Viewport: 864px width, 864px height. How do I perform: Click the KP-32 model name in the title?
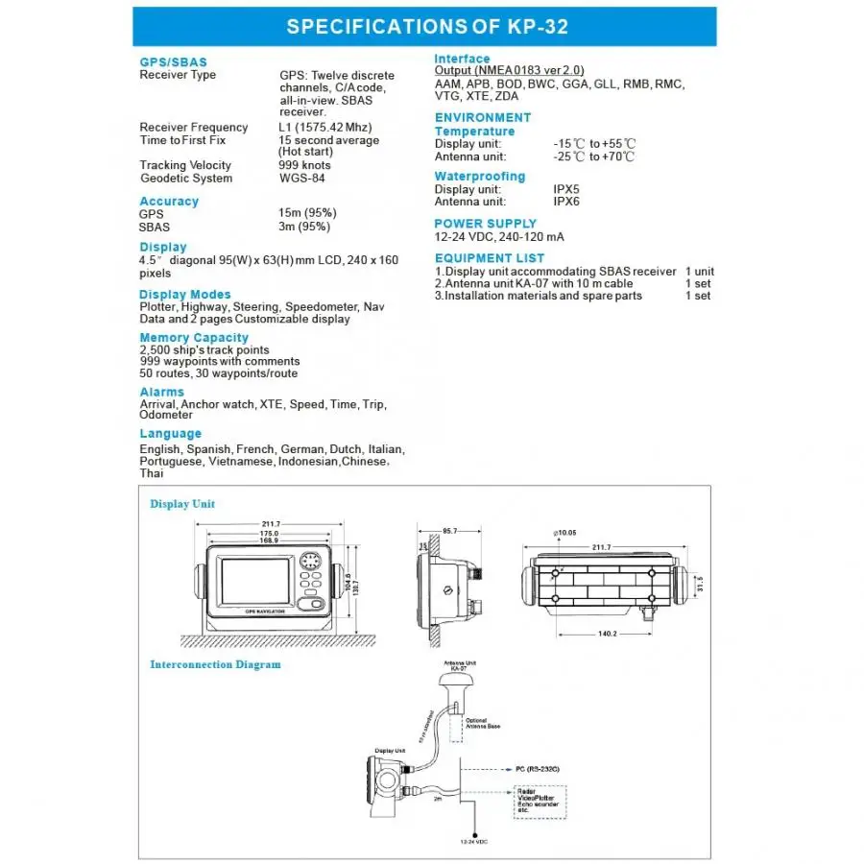[532, 27]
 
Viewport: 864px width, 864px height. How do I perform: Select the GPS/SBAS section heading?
[173, 62]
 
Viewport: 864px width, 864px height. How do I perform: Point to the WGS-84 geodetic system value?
[301, 179]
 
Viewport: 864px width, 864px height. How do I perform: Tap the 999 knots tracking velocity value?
[304, 166]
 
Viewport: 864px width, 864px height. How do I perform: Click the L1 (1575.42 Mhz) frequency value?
[324, 128]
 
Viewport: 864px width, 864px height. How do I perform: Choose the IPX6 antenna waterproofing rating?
[566, 202]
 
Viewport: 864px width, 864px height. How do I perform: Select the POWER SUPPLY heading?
[485, 224]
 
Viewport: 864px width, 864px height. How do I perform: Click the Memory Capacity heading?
[193, 338]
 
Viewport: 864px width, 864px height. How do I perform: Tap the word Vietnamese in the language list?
[240, 462]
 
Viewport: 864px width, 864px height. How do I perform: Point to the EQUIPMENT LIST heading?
[489, 258]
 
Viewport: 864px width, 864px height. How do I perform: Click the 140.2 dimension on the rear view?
[607, 634]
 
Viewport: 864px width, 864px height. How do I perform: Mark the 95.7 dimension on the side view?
[449, 531]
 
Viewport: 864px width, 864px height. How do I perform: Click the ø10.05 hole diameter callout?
[564, 532]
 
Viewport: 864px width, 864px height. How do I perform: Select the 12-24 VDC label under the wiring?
[470, 842]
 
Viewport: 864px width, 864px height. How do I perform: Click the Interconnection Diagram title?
[215, 664]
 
